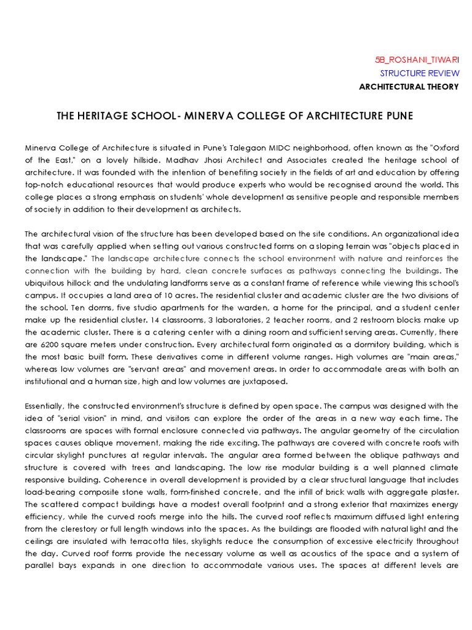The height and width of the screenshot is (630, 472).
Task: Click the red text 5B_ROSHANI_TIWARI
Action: point(416,60)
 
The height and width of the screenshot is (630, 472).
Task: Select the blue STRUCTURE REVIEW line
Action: point(419,73)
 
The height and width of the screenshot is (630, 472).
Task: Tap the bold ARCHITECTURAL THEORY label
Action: point(409,87)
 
